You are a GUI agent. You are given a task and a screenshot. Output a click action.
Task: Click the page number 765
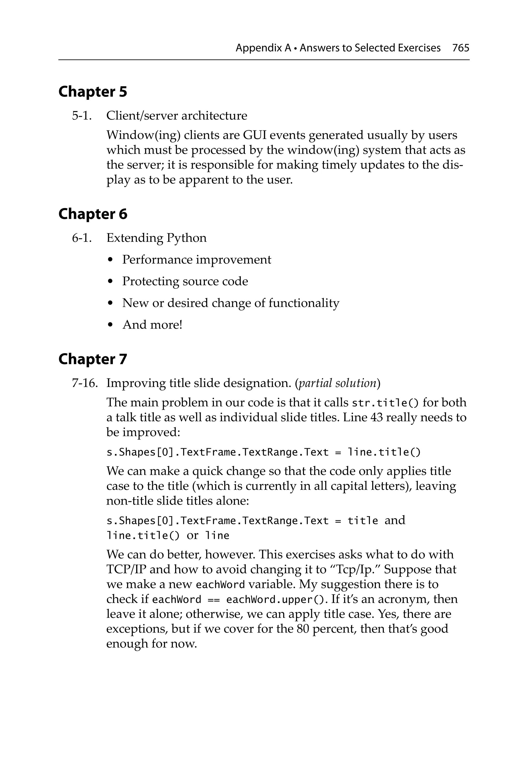(461, 48)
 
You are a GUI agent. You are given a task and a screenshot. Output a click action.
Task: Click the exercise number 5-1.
(82, 116)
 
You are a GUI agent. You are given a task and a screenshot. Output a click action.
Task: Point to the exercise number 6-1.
(82, 238)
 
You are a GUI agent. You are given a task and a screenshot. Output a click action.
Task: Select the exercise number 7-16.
(85, 383)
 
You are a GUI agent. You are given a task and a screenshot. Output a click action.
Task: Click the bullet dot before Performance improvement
(111, 260)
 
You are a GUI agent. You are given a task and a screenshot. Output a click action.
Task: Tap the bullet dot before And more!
(111, 325)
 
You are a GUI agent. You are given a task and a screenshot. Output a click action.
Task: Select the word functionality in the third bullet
(304, 303)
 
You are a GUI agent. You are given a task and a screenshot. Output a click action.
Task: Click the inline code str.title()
(385, 403)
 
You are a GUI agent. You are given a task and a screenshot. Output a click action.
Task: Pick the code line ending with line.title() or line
(168, 535)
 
